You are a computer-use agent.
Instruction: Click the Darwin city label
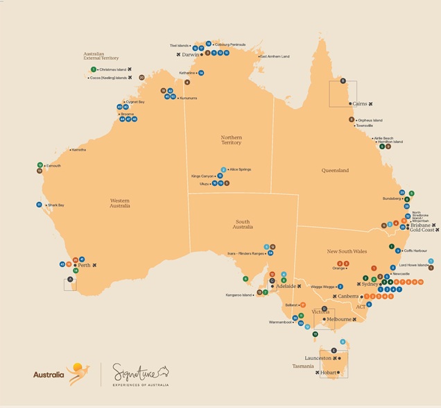point(191,54)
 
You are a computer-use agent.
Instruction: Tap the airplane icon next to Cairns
point(371,104)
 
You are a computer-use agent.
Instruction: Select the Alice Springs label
point(240,169)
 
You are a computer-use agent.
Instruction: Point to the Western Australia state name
point(119,202)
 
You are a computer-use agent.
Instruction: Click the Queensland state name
point(335,170)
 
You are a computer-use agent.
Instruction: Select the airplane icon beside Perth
point(94,265)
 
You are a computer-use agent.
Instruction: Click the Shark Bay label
point(55,205)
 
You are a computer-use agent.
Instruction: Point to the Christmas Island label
point(112,70)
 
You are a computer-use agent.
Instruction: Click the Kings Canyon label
point(203,176)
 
